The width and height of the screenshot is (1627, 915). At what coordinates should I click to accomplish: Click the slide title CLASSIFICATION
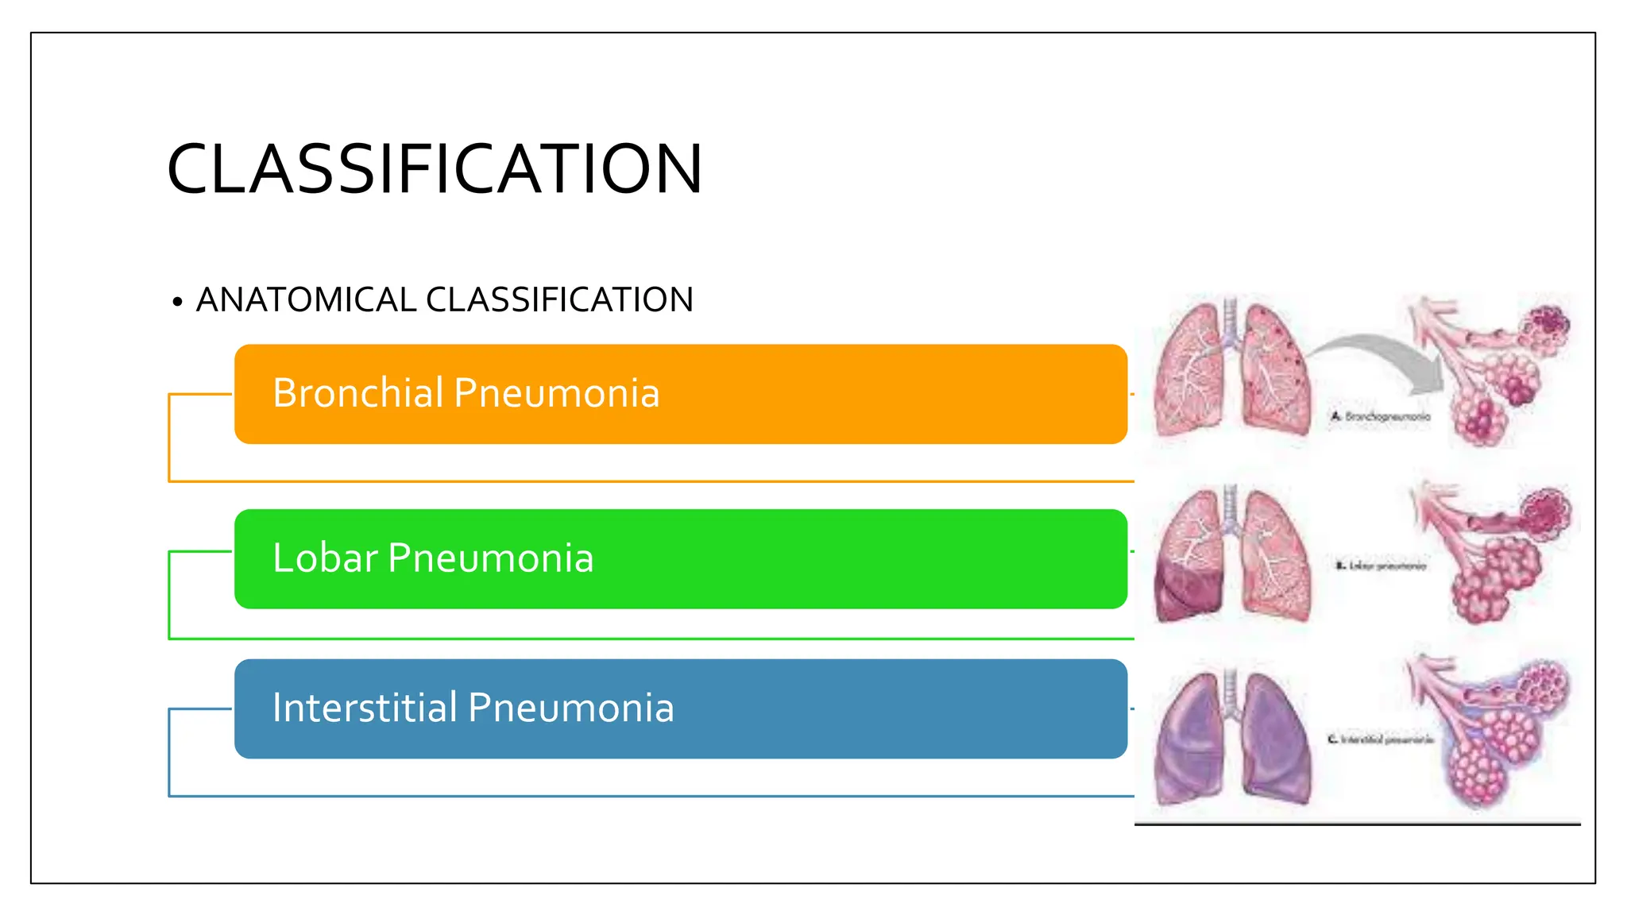pyautogui.click(x=435, y=169)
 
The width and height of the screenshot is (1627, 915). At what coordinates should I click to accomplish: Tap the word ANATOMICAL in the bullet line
pyautogui.click(x=306, y=300)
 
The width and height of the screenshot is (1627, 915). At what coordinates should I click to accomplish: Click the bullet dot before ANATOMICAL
pyautogui.click(x=177, y=302)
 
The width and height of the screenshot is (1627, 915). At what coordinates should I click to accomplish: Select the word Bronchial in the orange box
pyautogui.click(x=357, y=393)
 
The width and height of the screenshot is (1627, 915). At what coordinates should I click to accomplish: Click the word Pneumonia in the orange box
pyautogui.click(x=557, y=393)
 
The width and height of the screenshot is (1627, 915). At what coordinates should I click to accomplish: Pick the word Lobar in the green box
pyautogui.click(x=324, y=558)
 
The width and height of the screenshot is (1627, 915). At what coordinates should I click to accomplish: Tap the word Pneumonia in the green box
pyautogui.click(x=491, y=558)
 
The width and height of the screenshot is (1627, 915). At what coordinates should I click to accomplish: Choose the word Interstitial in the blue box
pyautogui.click(x=364, y=708)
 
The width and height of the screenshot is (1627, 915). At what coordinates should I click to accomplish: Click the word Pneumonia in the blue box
pyautogui.click(x=571, y=708)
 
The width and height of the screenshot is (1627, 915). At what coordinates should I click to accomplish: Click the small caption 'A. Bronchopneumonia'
pyautogui.click(x=1381, y=416)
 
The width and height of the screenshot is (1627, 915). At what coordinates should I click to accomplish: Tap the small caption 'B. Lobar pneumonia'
pyautogui.click(x=1381, y=566)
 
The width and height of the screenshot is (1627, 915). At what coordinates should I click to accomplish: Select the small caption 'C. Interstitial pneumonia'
pyautogui.click(x=1381, y=739)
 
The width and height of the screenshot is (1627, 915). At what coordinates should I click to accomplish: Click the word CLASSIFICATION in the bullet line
pyautogui.click(x=559, y=300)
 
